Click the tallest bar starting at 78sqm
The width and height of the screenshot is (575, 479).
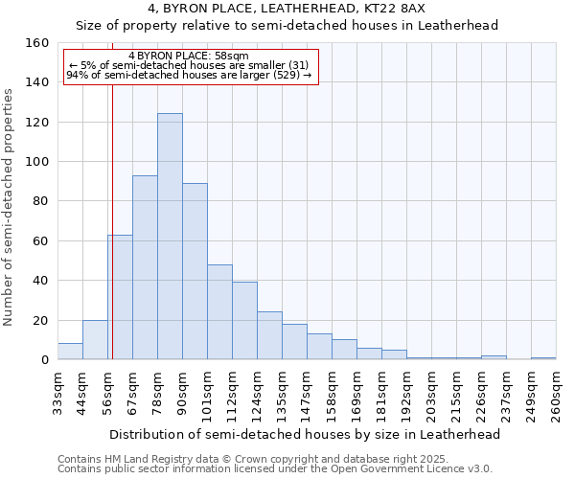(170, 237)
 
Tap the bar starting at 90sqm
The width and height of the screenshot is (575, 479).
(195, 271)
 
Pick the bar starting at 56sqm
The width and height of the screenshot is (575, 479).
(120, 297)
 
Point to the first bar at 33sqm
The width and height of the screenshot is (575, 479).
(70, 352)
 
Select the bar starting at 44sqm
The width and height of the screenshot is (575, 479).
(95, 340)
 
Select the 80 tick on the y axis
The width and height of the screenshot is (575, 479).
(41, 201)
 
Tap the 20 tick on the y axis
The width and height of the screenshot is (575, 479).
(41, 320)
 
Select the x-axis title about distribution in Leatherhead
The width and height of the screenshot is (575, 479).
(305, 434)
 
